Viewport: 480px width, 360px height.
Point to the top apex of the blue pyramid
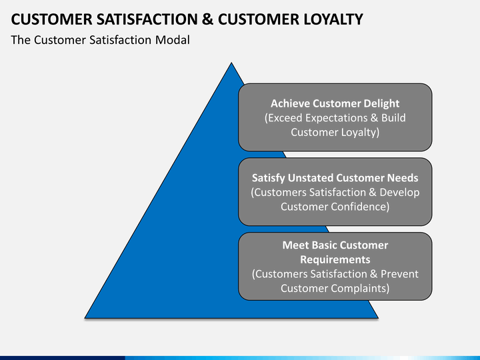tap(231, 63)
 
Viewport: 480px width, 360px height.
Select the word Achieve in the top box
tap(290, 103)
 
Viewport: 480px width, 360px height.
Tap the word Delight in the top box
tap(380, 103)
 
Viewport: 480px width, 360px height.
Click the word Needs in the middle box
tap(403, 178)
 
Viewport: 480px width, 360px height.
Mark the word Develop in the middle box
tap(399, 193)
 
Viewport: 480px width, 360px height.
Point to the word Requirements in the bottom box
tap(335, 259)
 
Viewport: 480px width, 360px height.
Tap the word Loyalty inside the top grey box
tap(358, 132)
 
